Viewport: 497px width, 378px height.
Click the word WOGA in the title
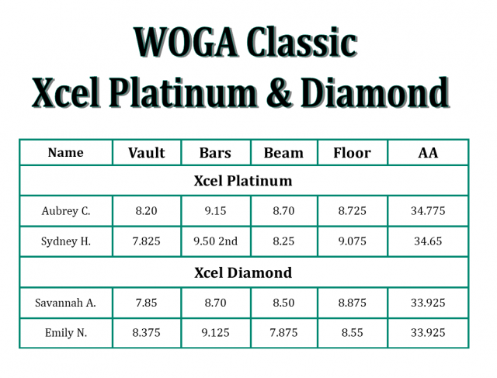click(x=186, y=42)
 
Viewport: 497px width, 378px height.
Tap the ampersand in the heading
click(x=279, y=92)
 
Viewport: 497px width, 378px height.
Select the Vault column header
click(x=147, y=153)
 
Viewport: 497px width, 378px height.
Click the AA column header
click(x=428, y=153)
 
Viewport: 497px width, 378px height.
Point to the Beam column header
click(x=283, y=153)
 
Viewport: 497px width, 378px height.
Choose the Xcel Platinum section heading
click(x=243, y=181)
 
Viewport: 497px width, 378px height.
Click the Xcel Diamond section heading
click(x=243, y=272)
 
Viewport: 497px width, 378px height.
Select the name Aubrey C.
click(x=66, y=210)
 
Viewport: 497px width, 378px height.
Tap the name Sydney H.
click(x=66, y=241)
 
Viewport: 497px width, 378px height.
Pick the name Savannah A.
click(x=65, y=303)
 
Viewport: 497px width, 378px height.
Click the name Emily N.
click(x=66, y=333)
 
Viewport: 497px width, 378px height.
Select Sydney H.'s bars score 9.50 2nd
click(x=216, y=241)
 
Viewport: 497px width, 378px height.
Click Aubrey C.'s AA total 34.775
click(x=428, y=210)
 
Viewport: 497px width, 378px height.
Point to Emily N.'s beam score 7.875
click(x=283, y=333)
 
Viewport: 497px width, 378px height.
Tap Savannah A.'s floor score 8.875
click(x=352, y=303)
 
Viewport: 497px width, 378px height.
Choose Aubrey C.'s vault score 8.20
click(x=147, y=210)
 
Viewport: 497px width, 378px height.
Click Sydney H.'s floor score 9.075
click(x=352, y=241)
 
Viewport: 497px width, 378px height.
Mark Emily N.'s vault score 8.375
click(x=147, y=333)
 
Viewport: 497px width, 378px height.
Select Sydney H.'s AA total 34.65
click(x=428, y=241)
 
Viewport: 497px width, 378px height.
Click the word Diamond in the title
click(x=375, y=92)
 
